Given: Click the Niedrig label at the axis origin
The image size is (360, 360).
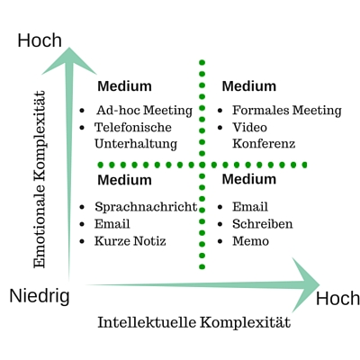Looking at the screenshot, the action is pos(40,297).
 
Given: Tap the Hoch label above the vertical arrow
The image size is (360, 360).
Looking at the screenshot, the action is pos(40,40).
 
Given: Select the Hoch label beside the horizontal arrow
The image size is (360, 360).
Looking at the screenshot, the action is pos(337,299).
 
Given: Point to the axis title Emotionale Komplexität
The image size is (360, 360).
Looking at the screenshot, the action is pos(40,179).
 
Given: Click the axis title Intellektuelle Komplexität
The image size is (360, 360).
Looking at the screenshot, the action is pos(194,323).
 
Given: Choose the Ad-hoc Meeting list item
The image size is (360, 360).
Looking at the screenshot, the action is pos(144,111).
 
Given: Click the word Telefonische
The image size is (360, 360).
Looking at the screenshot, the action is pos(133,127).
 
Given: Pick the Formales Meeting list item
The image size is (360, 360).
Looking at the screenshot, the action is pos(287,111).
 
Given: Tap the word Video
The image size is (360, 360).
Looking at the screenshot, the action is pos(249,127).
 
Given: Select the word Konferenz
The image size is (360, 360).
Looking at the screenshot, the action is pos(264,144).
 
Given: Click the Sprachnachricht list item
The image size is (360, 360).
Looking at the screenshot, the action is pos(146,207).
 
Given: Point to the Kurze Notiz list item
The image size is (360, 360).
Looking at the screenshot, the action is pos(130,241).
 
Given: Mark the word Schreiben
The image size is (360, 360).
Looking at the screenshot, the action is pos(263,224).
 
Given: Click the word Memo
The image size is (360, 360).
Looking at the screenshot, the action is pos(250,241).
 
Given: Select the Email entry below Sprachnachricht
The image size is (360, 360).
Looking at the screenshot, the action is pos(112,224).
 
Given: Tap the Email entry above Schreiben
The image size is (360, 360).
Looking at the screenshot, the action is pos(250,207).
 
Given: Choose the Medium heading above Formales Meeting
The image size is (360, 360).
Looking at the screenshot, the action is pos(249,86).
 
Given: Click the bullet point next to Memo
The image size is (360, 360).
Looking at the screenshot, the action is pos(220,241).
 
